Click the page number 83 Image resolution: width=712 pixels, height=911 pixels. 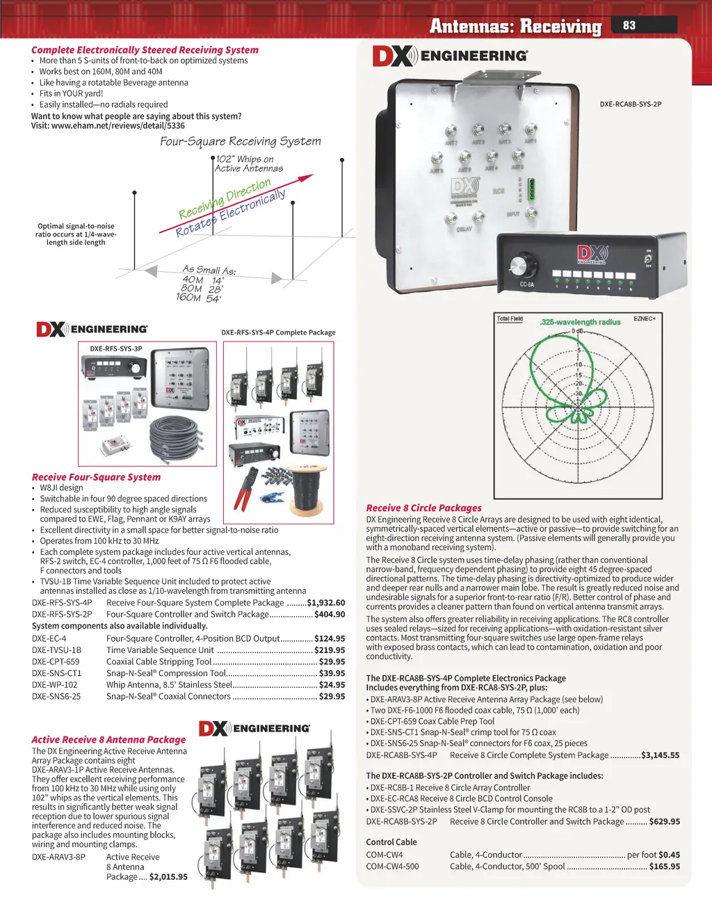pyautogui.click(x=629, y=25)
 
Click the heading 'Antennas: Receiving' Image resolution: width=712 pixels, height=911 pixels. pyautogui.click(x=515, y=26)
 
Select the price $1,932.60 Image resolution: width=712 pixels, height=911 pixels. pyautogui.click(x=325, y=603)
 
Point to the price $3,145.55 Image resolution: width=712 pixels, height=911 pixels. pyautogui.click(x=660, y=755)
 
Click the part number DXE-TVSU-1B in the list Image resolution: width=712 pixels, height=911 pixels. pyautogui.click(x=56, y=650)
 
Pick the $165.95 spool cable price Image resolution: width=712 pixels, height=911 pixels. pyautogui.click(x=664, y=866)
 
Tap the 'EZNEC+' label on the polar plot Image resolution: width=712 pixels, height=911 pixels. pyautogui.click(x=645, y=319)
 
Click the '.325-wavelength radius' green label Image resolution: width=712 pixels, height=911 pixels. pyautogui.click(x=580, y=322)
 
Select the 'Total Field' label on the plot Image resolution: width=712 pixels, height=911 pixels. pyautogui.click(x=510, y=319)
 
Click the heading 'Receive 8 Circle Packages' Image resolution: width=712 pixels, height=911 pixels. pyautogui.click(x=423, y=508)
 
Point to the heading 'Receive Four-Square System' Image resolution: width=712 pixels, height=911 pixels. pyautogui.click(x=96, y=477)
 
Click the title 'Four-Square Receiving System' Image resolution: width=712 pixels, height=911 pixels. pyautogui.click(x=241, y=141)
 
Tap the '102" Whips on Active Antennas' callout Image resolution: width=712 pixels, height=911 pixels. pyautogui.click(x=249, y=163)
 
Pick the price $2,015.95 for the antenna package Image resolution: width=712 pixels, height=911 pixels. pyautogui.click(x=168, y=877)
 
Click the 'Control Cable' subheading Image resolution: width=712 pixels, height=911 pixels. pyautogui.click(x=391, y=841)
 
